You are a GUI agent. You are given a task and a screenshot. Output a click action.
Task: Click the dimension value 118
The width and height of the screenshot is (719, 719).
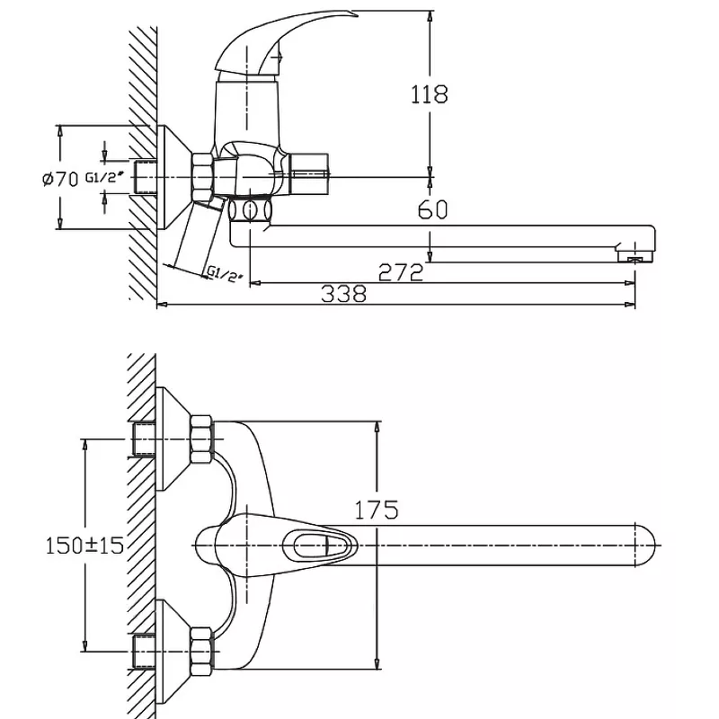pyautogui.click(x=429, y=94)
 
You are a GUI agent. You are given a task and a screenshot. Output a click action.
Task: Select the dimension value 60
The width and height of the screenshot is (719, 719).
pyautogui.click(x=432, y=209)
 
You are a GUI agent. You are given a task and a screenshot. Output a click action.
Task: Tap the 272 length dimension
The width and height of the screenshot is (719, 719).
pyautogui.click(x=400, y=272)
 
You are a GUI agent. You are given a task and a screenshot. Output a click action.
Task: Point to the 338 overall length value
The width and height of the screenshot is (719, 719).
pyautogui.click(x=344, y=294)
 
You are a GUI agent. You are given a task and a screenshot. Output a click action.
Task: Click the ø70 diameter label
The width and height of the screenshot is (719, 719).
pyautogui.click(x=60, y=178)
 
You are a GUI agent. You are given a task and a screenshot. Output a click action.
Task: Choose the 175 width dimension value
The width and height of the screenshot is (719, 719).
pyautogui.click(x=377, y=510)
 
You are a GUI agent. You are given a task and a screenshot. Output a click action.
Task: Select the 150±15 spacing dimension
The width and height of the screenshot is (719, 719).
pyautogui.click(x=84, y=546)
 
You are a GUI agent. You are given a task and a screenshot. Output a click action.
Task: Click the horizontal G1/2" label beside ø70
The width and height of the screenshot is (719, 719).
pyautogui.click(x=105, y=177)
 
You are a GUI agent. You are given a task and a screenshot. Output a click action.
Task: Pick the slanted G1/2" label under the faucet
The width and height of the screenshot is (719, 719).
pyautogui.click(x=224, y=274)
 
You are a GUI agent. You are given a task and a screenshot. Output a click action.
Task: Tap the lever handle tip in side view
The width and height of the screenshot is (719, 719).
pyautogui.click(x=353, y=14)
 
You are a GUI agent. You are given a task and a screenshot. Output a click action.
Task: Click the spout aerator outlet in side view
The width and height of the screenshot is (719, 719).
pyautogui.click(x=635, y=257)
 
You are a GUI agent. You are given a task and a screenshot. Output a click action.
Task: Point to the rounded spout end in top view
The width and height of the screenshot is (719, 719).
pyautogui.click(x=645, y=546)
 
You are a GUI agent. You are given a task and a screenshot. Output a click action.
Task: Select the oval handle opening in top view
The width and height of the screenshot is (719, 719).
pyautogui.click(x=320, y=546)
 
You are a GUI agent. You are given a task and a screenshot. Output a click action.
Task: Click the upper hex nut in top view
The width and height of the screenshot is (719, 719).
pyautogui.click(x=201, y=439)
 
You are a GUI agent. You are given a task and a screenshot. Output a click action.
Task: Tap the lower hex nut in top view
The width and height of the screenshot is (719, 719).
pyautogui.click(x=201, y=651)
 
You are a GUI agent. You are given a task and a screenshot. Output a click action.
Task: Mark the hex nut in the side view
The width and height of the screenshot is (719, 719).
pyautogui.click(x=204, y=177)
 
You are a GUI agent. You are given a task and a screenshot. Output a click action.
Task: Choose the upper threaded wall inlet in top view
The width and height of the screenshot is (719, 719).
pyautogui.click(x=144, y=439)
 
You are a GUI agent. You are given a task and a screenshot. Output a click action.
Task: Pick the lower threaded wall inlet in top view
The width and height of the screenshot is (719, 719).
pyautogui.click(x=144, y=651)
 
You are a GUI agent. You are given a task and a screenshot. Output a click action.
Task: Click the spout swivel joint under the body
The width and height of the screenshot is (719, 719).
pyautogui.click(x=251, y=210)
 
